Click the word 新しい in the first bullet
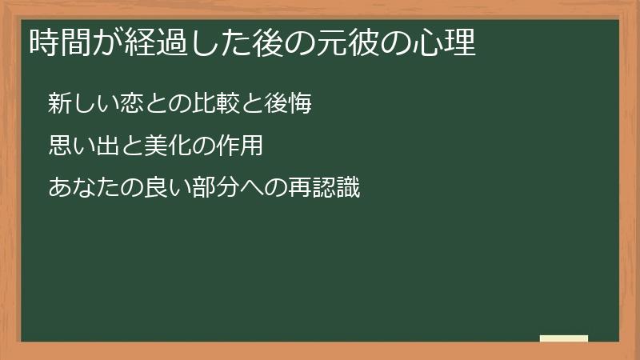(x=81, y=104)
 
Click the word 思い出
(x=83, y=146)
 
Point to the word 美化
(x=163, y=146)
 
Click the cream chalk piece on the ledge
(x=564, y=338)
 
